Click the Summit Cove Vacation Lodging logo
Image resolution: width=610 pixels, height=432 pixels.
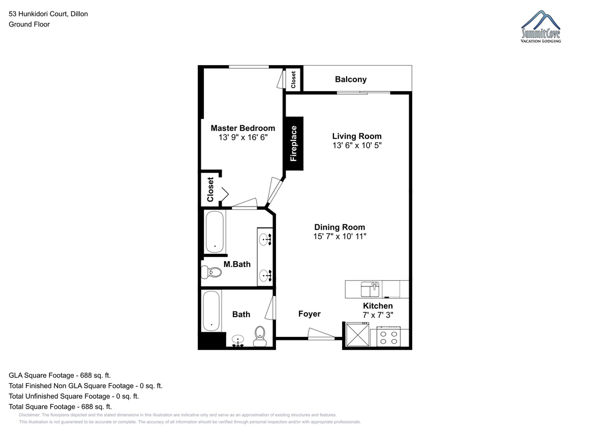pyautogui.click(x=540, y=26)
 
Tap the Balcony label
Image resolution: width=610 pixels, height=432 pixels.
pyautogui.click(x=351, y=79)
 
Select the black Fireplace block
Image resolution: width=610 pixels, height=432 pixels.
pyautogui.click(x=294, y=143)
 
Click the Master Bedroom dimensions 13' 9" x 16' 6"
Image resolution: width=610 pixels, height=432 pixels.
pyautogui.click(x=243, y=137)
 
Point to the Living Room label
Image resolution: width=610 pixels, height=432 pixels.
pyautogui.click(x=357, y=136)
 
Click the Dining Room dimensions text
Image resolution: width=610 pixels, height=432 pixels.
pyautogui.click(x=340, y=236)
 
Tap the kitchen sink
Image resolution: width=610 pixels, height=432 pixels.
pyautogui.click(x=370, y=289)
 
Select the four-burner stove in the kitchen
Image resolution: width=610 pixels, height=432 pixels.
pyautogui.click(x=388, y=337)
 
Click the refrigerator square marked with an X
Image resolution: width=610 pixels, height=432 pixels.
pyautogui.click(x=357, y=334)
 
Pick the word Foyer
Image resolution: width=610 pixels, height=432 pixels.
pyautogui.click(x=310, y=314)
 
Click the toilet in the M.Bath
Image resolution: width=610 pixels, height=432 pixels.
pyautogui.click(x=211, y=272)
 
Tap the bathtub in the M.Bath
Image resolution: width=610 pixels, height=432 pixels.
pyautogui.click(x=215, y=232)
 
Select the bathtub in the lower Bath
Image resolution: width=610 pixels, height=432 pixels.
pyautogui.click(x=211, y=311)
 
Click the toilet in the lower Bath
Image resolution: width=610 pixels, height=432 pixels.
pyautogui.click(x=260, y=336)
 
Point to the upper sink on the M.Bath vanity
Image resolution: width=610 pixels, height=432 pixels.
pyautogui.click(x=265, y=240)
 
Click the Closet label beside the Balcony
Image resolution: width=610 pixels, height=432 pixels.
pyautogui.click(x=293, y=80)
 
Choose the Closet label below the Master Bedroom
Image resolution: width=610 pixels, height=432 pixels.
pyautogui.click(x=210, y=190)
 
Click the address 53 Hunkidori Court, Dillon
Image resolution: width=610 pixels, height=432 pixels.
pyautogui.click(x=48, y=14)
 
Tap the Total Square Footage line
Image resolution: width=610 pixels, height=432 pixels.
pyautogui.click(x=60, y=407)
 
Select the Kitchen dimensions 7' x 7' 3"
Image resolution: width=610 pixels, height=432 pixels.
pyautogui.click(x=378, y=315)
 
